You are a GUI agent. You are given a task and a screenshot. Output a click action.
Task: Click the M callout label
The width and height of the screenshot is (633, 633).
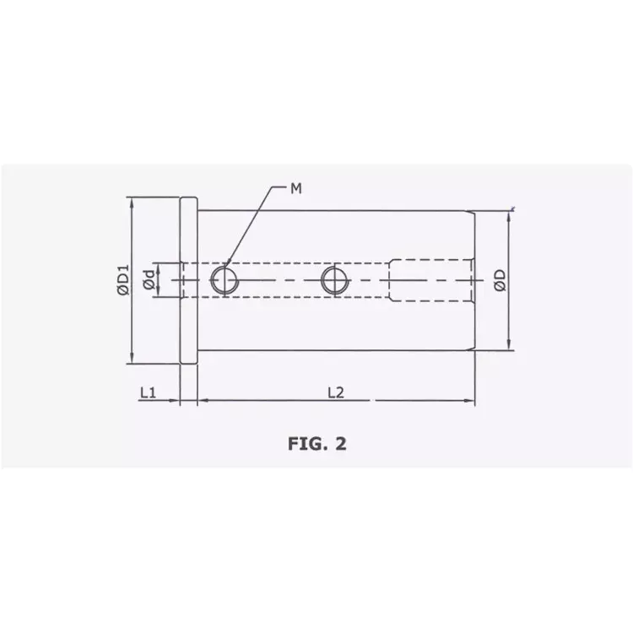[x=296, y=188]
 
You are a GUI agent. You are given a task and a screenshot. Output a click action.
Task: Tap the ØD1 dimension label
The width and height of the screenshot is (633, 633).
[x=123, y=279]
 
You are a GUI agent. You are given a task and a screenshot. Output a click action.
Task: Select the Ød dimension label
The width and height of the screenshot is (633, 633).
[x=148, y=279]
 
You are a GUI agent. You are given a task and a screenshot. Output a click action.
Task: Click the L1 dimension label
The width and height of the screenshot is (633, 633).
[x=148, y=392]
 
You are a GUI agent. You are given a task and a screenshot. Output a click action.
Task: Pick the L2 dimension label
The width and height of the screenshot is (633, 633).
[x=335, y=392]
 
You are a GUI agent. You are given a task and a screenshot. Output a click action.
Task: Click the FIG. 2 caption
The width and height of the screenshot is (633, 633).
[x=316, y=444]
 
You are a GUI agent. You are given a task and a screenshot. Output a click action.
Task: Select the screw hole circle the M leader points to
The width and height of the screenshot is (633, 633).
[x=223, y=279]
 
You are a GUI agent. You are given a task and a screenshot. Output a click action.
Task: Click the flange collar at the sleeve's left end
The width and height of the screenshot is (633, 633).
[x=189, y=279]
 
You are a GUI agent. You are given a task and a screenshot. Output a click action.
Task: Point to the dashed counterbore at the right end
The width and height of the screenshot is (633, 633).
[x=430, y=279]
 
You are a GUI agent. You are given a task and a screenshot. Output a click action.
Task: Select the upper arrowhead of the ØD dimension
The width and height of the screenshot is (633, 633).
[x=510, y=215]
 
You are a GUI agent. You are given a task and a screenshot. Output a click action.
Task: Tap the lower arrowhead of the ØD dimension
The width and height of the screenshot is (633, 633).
[x=510, y=345]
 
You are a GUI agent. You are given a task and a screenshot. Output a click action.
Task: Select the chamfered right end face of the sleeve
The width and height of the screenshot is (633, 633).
[x=473, y=279]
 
